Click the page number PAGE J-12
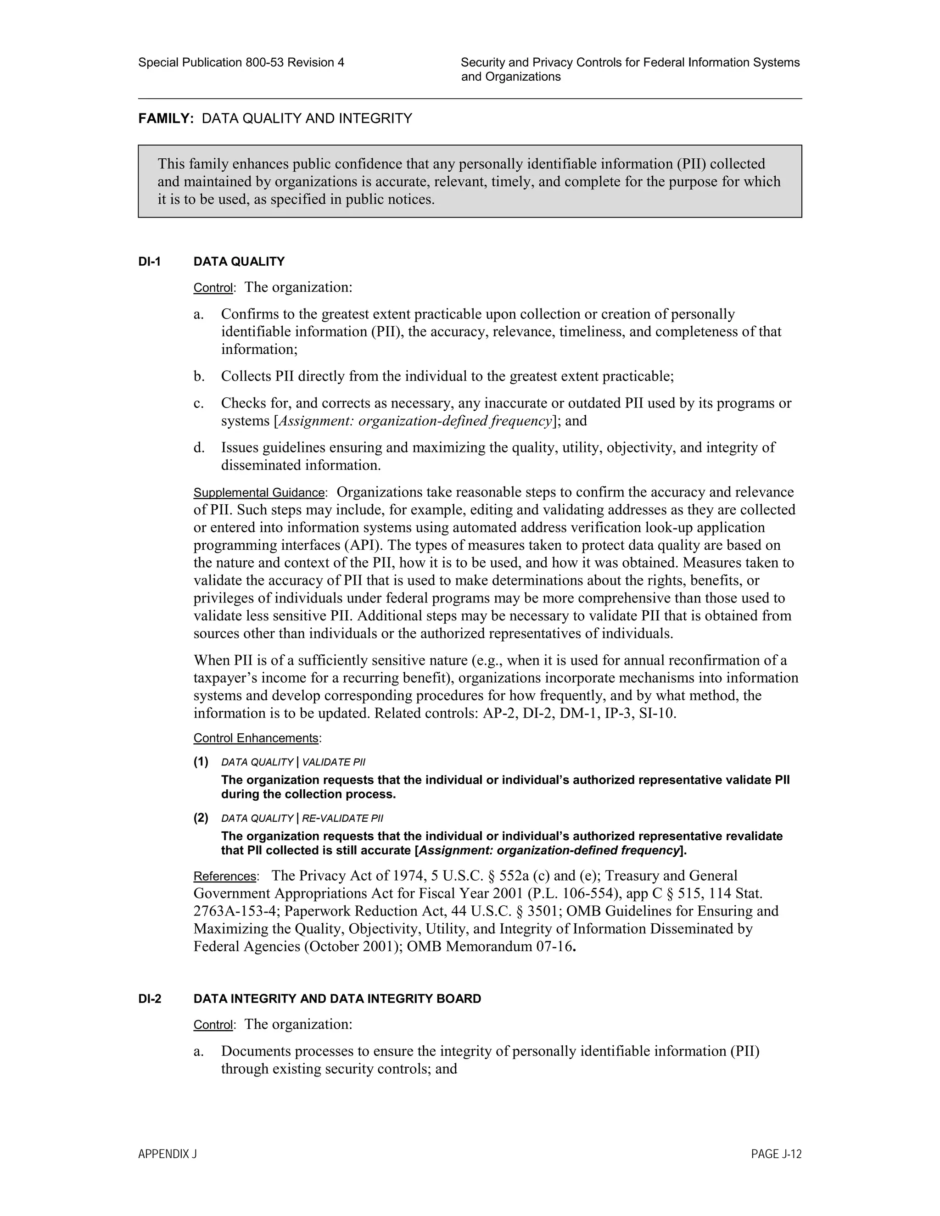pos(776,1154)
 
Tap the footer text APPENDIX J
pos(167,1154)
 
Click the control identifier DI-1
pos(149,261)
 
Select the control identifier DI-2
pos(149,998)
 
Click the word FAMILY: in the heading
pos(165,118)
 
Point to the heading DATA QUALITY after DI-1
pos(238,261)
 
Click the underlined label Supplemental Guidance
pos(258,493)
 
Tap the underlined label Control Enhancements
pos(256,738)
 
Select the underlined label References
pos(224,876)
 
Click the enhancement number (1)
pos(201,762)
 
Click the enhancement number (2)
pos(201,818)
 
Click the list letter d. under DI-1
pos(199,447)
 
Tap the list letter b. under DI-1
pos(199,376)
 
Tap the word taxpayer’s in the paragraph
pos(224,678)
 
